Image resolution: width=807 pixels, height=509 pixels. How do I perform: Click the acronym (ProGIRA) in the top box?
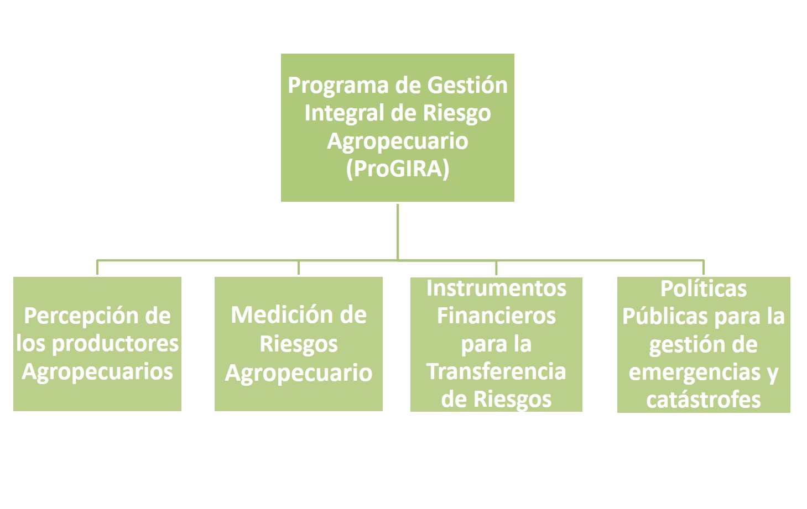tap(397, 169)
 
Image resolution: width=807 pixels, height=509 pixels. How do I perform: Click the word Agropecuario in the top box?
tap(397, 141)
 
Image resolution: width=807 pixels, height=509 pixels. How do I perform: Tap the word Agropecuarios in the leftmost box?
tap(97, 371)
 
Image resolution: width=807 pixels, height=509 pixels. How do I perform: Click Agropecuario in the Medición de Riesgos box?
tap(299, 372)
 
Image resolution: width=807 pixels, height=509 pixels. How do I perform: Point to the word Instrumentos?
tap(496, 288)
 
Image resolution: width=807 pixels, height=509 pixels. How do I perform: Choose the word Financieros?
tap(496, 316)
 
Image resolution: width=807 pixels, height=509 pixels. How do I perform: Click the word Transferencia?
tap(496, 371)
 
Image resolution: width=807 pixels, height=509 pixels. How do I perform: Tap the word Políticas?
tap(704, 289)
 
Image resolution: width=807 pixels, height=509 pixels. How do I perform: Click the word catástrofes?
tap(704, 400)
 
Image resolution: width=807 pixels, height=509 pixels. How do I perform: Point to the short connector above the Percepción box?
tap(97, 267)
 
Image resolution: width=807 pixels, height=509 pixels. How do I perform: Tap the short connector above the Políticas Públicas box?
tap(704, 267)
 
